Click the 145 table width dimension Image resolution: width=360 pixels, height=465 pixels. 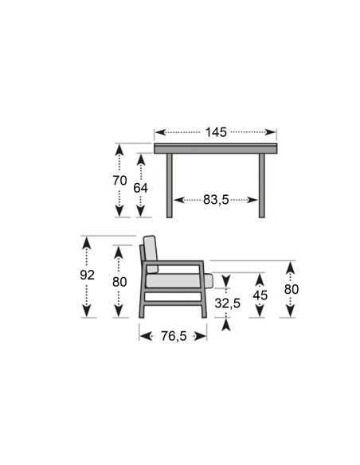click(x=216, y=132)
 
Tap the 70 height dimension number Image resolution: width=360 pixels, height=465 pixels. click(x=119, y=180)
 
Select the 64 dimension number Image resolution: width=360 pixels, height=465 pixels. click(x=140, y=188)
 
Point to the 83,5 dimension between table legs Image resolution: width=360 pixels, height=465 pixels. click(x=216, y=200)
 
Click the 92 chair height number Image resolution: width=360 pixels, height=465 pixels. click(x=87, y=275)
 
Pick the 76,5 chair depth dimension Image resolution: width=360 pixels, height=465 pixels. click(x=174, y=336)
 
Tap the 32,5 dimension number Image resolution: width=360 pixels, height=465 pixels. click(x=228, y=303)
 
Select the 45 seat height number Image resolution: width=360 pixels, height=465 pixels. click(x=260, y=295)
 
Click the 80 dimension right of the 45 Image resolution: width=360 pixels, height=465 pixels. click(x=292, y=289)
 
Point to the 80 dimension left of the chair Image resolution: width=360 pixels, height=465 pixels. click(x=119, y=282)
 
